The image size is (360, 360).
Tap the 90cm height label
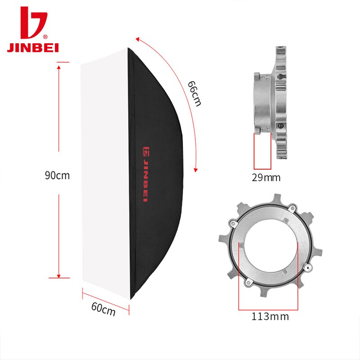pyautogui.click(x=57, y=175)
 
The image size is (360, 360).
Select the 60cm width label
pyautogui.click(x=103, y=309)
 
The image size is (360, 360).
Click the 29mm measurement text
pyautogui.click(x=266, y=178)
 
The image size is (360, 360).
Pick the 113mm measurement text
pyautogui.click(x=270, y=316)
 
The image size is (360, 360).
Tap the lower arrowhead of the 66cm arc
pyautogui.click(x=195, y=170)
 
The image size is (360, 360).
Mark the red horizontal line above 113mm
pyautogui.click(x=269, y=310)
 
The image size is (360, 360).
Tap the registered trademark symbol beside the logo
pyautogui.click(x=45, y=37)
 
